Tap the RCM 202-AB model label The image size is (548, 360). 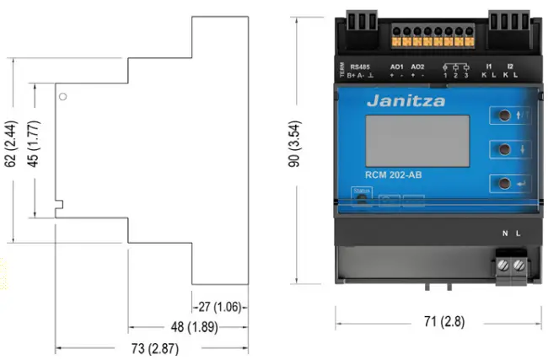pyautogui.click(x=394, y=175)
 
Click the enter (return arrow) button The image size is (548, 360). pyautogui.click(x=503, y=183)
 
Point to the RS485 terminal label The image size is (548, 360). pyautogui.click(x=361, y=66)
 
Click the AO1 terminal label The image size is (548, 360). pyautogui.click(x=397, y=66)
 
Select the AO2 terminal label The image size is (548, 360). pyautogui.click(x=417, y=66)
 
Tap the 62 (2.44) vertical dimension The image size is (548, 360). pyautogui.click(x=9, y=144)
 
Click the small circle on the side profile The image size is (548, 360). pyautogui.click(x=64, y=96)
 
